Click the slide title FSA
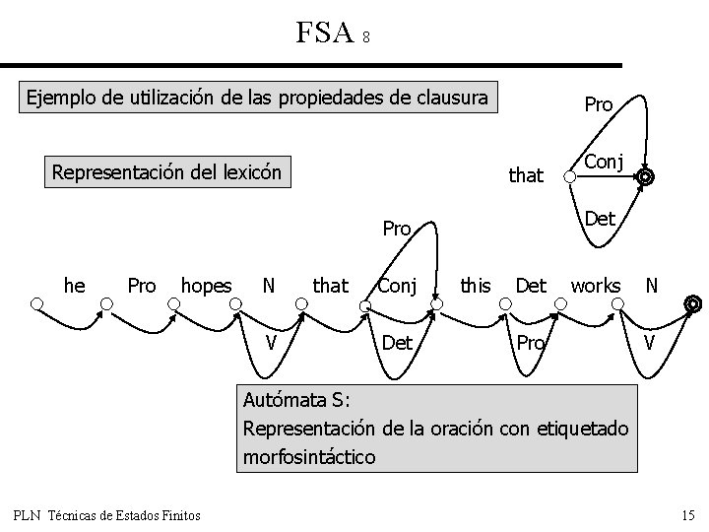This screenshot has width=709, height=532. click(x=324, y=33)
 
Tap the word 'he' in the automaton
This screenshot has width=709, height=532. click(x=74, y=286)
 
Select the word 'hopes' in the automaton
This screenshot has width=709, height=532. click(x=206, y=286)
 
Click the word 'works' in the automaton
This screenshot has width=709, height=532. click(x=595, y=286)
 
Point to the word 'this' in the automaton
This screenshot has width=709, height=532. click(x=475, y=286)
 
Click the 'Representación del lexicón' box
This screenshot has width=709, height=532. click(x=166, y=173)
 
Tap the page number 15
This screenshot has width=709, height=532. click(x=687, y=514)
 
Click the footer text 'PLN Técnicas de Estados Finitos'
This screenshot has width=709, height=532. click(x=107, y=514)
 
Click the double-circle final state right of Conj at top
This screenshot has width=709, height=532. click(x=645, y=178)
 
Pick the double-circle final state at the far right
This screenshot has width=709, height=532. click(x=692, y=304)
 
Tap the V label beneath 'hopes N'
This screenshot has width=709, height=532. click(x=269, y=342)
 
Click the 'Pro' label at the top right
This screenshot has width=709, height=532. click(x=598, y=104)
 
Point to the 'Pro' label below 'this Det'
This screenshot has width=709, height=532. click(x=531, y=342)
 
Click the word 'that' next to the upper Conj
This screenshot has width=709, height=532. click(x=525, y=175)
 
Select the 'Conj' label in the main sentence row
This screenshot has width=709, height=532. click(x=398, y=286)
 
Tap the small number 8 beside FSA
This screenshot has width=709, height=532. click(x=365, y=37)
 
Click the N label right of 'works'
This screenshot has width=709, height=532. click(x=651, y=286)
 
